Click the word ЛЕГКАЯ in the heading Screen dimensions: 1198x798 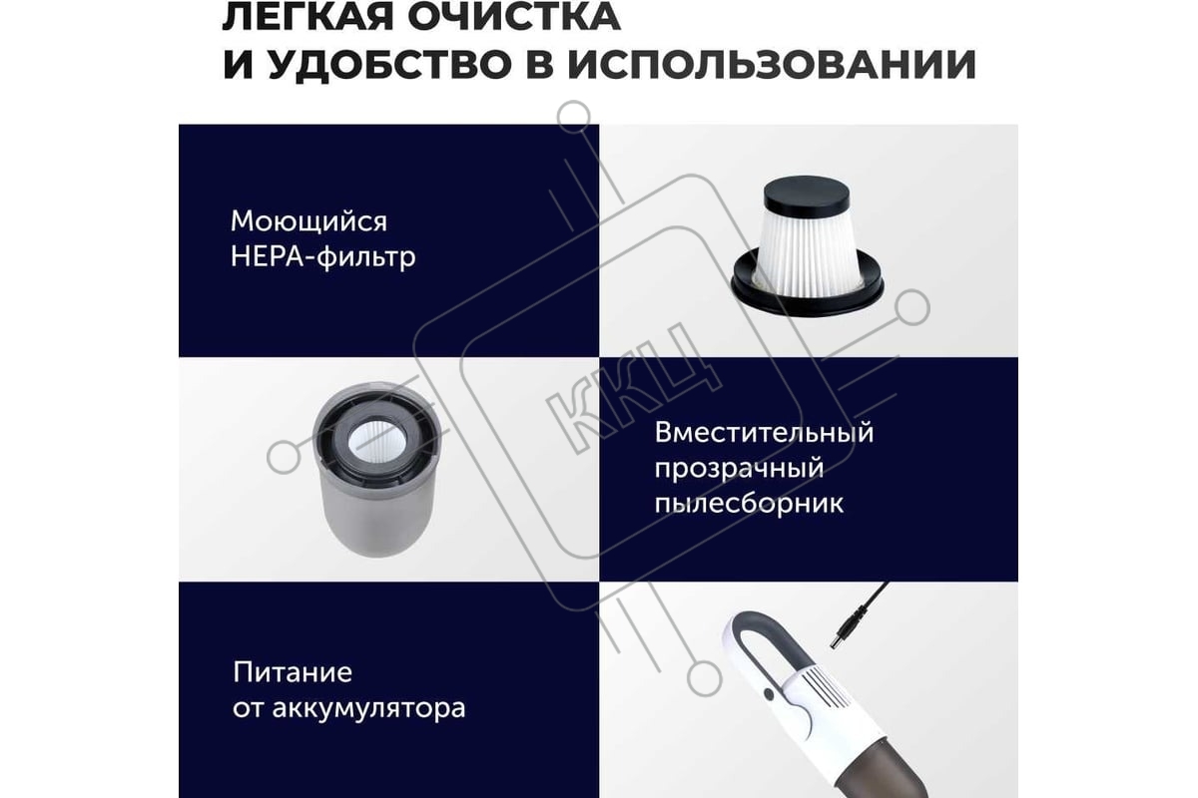(x=308, y=17)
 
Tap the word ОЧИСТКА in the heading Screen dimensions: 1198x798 (x=513, y=17)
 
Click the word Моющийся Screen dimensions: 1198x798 (x=308, y=221)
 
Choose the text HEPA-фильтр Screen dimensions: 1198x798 (x=323, y=256)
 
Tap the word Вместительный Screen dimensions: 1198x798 (x=764, y=432)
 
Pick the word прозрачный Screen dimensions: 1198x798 (x=739, y=469)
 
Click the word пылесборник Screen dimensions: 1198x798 (x=749, y=504)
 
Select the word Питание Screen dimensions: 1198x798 (x=293, y=672)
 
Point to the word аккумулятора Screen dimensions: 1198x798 (x=369, y=709)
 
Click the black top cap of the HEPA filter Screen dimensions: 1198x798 (x=806, y=195)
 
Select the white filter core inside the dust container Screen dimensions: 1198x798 (x=377, y=442)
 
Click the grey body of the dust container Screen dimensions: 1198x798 (x=377, y=513)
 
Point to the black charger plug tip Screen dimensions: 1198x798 (x=838, y=636)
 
